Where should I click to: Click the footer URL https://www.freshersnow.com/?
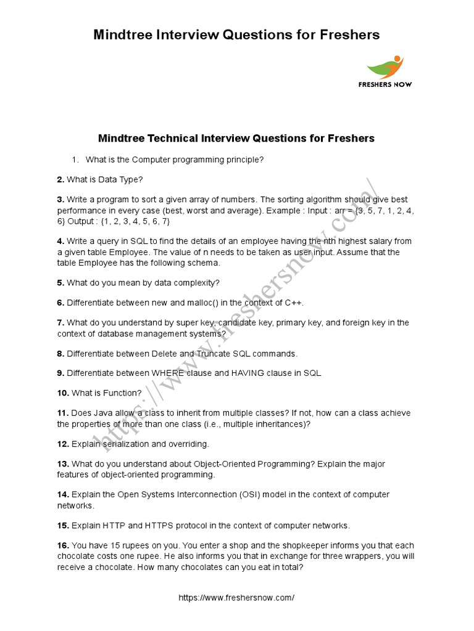(x=236, y=598)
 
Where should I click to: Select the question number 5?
(x=60, y=283)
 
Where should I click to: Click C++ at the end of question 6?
(x=294, y=303)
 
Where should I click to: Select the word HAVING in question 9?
(x=249, y=373)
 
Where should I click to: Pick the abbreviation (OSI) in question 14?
(x=249, y=494)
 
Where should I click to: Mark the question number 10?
(x=63, y=393)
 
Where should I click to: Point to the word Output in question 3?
(x=85, y=221)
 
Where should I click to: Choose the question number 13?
(x=63, y=463)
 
